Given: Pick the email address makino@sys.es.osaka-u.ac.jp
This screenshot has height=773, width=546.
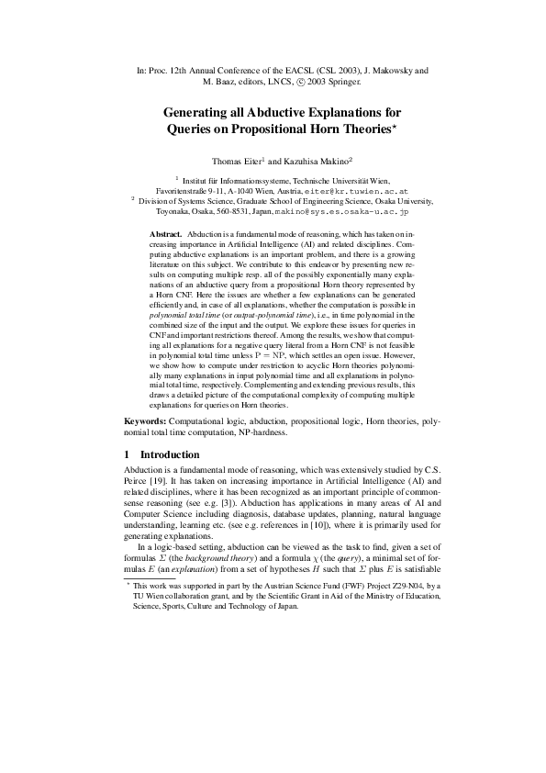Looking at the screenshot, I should point(364,211).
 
